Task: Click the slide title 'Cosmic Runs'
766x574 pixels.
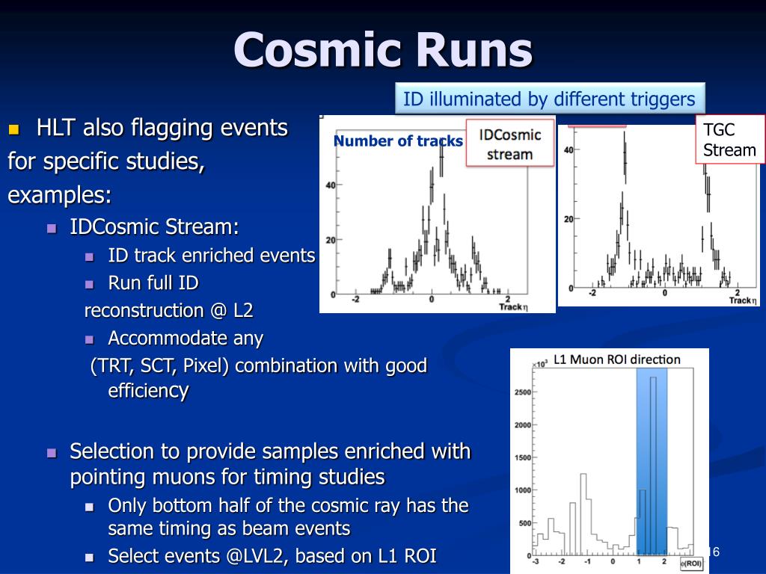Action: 383,50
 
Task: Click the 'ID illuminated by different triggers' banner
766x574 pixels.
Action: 550,99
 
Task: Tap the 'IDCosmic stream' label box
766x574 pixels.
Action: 510,144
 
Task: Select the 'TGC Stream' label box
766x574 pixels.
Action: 729,140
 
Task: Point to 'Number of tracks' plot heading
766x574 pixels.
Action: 398,141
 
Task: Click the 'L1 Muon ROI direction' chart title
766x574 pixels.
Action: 616,359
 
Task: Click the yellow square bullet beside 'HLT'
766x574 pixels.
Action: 14,129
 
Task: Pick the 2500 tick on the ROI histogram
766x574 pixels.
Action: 522,392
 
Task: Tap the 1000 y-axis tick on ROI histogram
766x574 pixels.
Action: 522,490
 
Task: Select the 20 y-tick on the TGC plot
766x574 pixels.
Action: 569,219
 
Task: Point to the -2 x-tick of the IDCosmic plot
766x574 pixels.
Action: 355,299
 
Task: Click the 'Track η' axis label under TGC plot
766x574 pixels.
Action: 743,300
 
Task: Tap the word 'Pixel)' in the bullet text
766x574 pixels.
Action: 206,365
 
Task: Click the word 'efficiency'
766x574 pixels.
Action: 148,391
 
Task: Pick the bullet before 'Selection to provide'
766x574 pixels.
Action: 52,453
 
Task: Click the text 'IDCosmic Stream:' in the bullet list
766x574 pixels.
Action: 154,227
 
